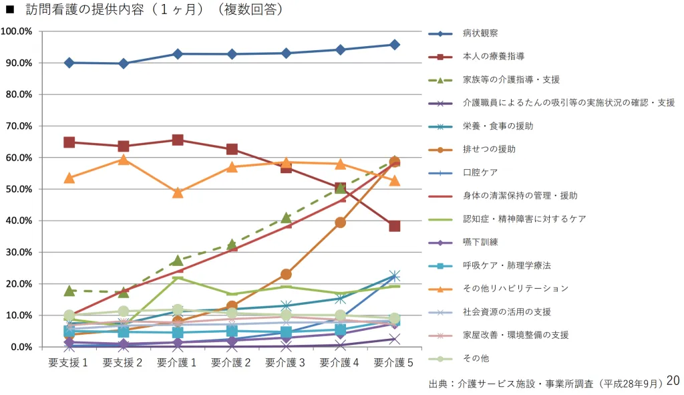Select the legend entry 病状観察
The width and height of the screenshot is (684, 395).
[480, 33]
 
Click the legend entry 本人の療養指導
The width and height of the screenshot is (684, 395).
[494, 56]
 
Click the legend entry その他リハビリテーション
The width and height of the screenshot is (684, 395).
[516, 289]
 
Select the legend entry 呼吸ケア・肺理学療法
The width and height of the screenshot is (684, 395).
[506, 265]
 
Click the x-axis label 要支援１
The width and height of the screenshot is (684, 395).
[69, 362]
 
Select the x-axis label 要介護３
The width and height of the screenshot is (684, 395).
[286, 362]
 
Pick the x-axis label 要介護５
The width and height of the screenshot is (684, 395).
[394, 362]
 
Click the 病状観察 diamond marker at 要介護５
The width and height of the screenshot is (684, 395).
[395, 45]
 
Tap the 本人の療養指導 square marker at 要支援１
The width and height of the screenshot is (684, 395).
[69, 142]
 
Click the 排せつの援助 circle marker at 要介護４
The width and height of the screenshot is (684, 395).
[340, 223]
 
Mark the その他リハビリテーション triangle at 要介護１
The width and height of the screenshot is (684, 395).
[178, 192]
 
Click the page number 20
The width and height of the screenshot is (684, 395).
[673, 380]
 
